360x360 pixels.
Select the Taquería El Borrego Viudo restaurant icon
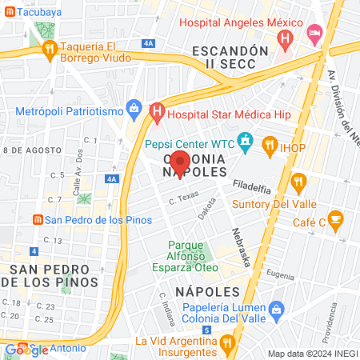click(50, 50)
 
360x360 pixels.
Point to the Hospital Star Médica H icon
click(158, 110)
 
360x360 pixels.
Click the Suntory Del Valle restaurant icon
click(298, 181)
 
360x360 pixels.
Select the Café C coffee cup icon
click(335, 218)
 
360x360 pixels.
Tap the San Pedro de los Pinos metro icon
click(36, 220)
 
